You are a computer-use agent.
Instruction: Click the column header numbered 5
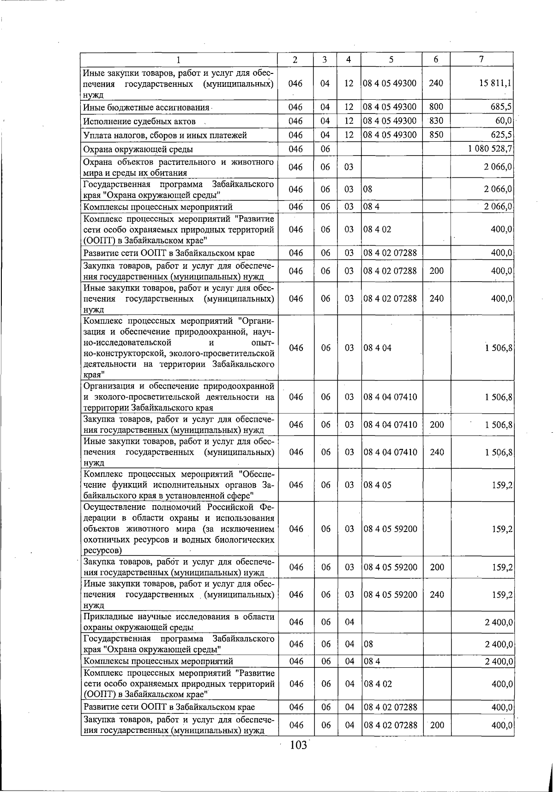pos(391,59)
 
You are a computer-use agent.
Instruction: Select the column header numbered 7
pos(482,59)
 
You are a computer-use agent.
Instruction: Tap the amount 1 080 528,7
pos(490,149)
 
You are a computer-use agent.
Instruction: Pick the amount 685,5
pos(501,107)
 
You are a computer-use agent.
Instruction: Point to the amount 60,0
pos(503,121)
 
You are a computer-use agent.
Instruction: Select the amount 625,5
pos(501,135)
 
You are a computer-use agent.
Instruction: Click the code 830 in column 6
pos(436,121)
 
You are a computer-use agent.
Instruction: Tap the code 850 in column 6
pos(436,135)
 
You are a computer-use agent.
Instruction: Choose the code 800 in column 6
pos(436,107)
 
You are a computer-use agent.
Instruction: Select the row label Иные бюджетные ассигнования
pos(145,108)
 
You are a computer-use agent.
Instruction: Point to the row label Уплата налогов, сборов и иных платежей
pos(165,135)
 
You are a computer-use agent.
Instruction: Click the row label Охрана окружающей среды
pos(138,149)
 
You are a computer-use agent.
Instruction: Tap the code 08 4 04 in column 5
pos(377,348)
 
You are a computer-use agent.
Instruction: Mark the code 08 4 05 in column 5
pos(377,485)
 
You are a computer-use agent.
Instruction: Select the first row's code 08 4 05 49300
pos(390,84)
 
